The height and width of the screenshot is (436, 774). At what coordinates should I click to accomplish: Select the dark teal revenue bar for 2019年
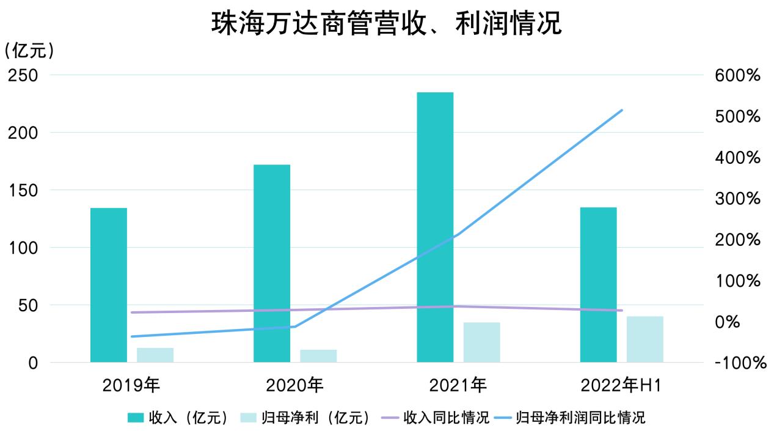point(109,285)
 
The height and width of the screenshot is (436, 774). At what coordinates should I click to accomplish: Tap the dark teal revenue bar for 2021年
point(435,227)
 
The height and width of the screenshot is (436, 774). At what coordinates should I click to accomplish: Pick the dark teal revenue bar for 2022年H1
point(598,285)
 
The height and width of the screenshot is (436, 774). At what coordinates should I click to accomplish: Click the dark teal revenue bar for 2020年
point(272,263)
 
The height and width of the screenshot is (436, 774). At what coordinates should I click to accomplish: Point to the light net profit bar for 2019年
point(155,355)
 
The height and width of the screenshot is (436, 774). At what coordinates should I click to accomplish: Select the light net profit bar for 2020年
point(318,356)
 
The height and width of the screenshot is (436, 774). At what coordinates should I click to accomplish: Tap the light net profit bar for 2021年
point(481,342)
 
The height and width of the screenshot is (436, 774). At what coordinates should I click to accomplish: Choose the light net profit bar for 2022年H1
point(644,339)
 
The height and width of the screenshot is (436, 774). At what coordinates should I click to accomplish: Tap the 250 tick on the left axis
point(23,75)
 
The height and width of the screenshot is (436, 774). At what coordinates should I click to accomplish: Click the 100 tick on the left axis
point(23,248)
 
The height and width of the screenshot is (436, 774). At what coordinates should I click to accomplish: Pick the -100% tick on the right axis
point(739,363)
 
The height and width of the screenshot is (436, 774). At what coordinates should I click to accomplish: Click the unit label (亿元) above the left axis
point(29,51)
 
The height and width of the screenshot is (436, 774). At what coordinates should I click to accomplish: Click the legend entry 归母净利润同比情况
point(580,418)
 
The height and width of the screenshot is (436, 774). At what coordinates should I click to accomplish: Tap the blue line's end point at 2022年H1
point(621,110)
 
